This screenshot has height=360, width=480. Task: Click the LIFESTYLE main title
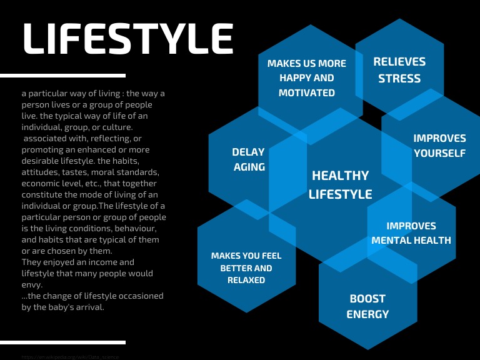click(x=127, y=38)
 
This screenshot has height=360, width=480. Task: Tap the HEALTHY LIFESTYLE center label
click(x=341, y=184)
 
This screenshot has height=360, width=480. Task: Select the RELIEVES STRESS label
click(x=399, y=70)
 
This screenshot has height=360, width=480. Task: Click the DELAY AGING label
click(x=249, y=159)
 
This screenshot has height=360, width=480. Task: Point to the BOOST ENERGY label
click(x=367, y=306)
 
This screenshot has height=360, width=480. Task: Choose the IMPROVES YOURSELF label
click(x=439, y=146)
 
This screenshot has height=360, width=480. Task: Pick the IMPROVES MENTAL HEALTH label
click(x=411, y=233)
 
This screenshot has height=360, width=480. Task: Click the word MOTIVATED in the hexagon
click(x=307, y=93)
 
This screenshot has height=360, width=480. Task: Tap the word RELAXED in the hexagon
click(x=246, y=281)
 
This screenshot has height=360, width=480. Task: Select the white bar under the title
click(x=62, y=76)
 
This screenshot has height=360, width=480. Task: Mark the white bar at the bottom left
click(x=62, y=342)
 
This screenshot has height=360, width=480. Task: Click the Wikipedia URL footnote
click(x=69, y=357)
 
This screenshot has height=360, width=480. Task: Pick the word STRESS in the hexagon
click(x=399, y=79)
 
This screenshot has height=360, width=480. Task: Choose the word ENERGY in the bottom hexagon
click(x=367, y=314)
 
